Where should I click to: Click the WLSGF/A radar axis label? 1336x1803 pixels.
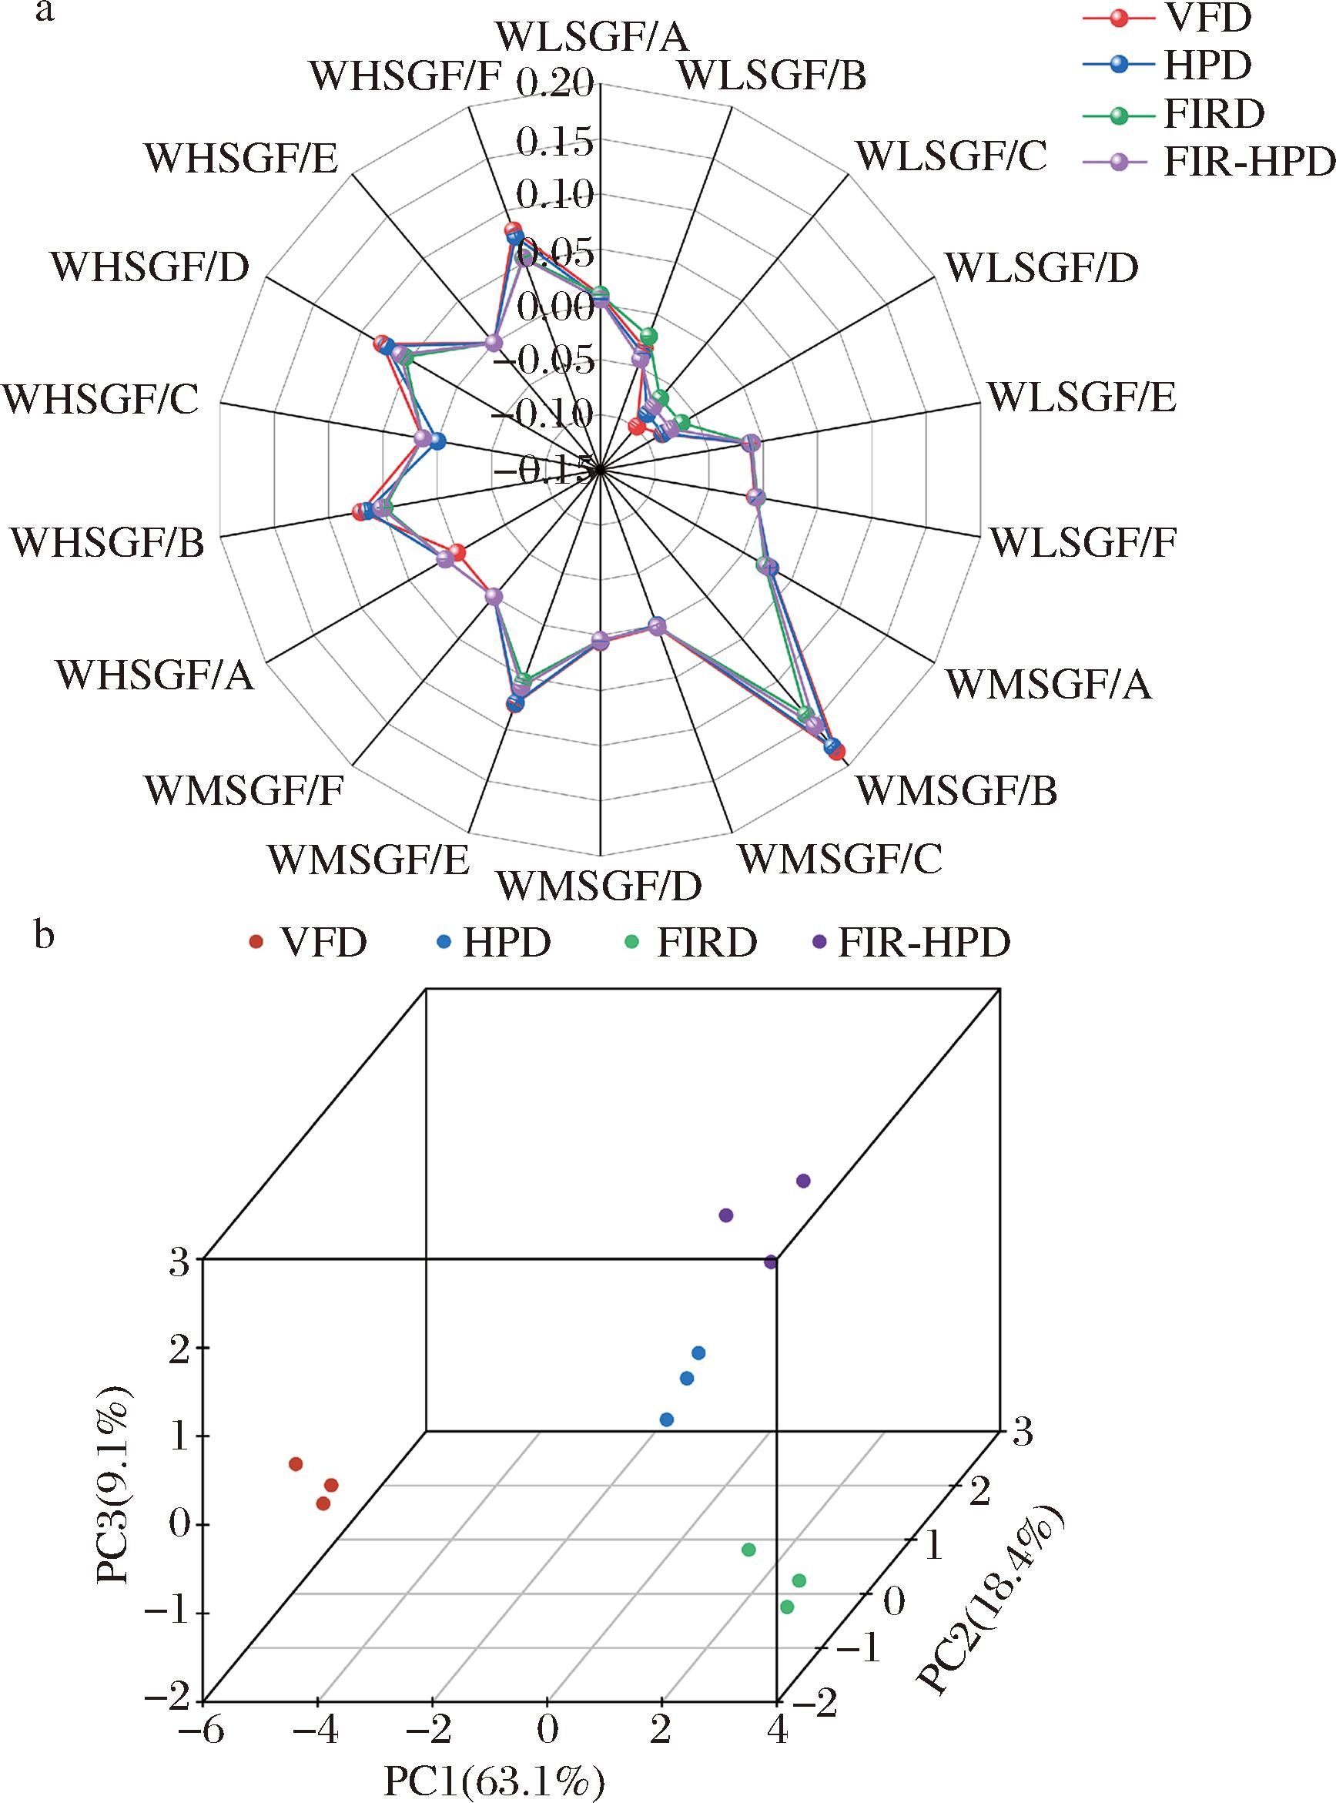pos(592,37)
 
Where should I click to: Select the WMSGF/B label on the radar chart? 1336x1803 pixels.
pos(956,790)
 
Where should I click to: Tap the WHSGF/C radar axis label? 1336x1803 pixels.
pos(101,400)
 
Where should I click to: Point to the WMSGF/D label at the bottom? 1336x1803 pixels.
pos(599,886)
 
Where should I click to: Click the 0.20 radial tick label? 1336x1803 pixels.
pos(554,82)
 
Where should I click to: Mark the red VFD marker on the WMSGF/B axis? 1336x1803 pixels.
pos(838,754)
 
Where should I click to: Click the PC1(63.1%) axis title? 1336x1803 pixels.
pos(495,1781)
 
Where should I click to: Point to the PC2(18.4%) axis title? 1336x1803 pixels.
pos(992,1596)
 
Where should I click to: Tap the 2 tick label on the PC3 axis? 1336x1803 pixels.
pos(179,1349)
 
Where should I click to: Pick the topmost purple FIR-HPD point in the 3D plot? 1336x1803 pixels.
pos(803,1180)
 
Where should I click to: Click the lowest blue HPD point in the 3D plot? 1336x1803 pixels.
pos(666,1419)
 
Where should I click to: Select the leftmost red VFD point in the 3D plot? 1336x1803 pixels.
pos(296,1463)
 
